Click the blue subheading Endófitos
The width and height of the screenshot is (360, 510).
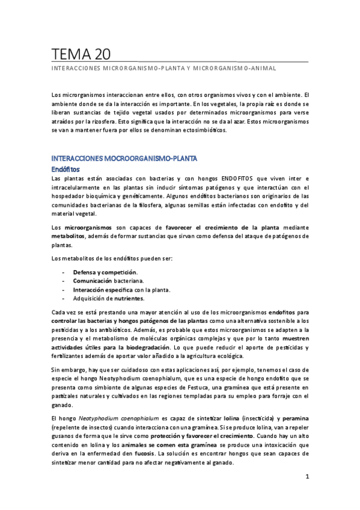66,170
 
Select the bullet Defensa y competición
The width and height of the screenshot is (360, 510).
105,272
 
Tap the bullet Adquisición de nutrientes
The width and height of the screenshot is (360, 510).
108,298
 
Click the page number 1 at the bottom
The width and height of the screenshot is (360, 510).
307,477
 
